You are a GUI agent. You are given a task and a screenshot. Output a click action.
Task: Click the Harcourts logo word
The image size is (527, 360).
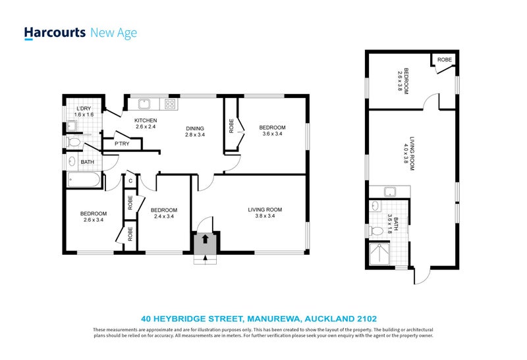[55, 33]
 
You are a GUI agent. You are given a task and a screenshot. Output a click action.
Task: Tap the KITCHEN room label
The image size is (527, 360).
[145, 124]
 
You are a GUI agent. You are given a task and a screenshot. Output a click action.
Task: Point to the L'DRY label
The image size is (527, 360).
[84, 111]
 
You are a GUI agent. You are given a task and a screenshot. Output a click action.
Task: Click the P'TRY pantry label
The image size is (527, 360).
[121, 143]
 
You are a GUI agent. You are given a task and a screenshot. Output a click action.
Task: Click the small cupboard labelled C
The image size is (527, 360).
[130, 181]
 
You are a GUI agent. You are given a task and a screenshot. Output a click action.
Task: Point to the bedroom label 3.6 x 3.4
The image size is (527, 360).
[271, 130]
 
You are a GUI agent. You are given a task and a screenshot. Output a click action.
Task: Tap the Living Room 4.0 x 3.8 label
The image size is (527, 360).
[411, 155]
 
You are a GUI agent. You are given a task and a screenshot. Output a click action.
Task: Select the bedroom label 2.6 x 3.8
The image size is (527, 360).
[402, 82]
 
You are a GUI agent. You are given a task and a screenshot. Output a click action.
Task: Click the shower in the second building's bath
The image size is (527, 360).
[380, 255]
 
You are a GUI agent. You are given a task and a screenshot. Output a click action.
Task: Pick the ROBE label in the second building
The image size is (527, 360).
[444, 59]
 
